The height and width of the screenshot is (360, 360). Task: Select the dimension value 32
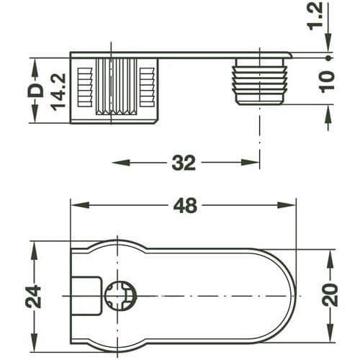[184, 163]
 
